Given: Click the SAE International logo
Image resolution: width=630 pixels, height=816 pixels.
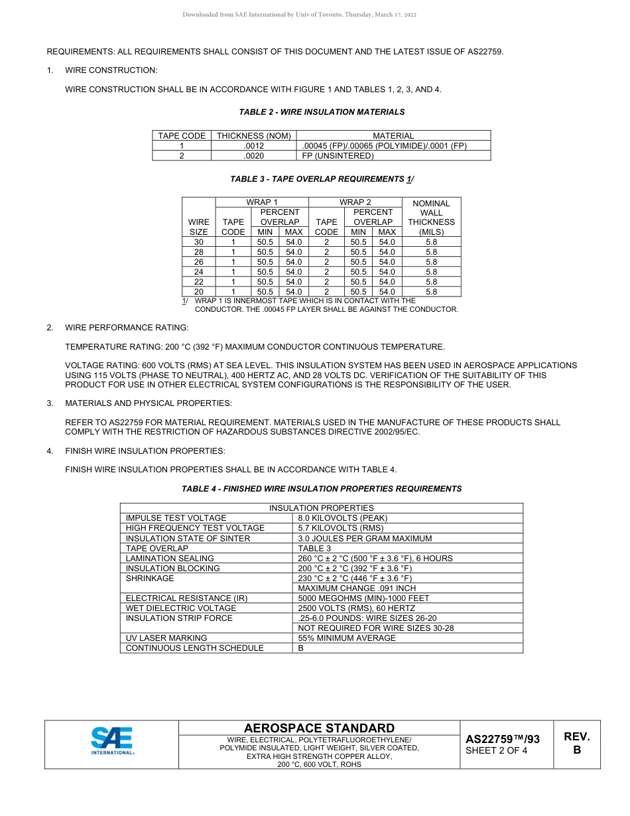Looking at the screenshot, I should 112,741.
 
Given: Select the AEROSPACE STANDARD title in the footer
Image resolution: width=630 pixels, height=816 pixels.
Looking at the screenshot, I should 319,728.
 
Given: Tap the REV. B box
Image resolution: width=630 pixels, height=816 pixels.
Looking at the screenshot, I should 576,743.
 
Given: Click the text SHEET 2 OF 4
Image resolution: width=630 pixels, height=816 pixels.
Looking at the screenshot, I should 497,751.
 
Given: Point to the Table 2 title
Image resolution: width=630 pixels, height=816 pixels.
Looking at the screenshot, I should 322,112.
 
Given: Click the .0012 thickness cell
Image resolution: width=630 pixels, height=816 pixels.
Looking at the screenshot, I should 253,146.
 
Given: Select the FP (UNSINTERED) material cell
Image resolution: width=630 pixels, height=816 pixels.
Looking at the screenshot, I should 338,156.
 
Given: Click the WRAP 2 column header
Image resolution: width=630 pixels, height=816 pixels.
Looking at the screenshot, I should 355,202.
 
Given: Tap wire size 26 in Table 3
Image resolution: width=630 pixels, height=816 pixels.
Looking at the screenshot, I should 199,262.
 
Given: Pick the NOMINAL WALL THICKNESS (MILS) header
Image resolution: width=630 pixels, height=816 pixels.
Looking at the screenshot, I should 431,218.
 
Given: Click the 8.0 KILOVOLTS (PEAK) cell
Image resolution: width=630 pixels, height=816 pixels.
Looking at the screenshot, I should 342,518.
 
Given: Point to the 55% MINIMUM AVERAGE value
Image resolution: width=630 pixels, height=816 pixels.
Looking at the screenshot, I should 346,638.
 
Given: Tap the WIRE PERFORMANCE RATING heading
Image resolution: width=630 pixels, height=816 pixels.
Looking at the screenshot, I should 127,328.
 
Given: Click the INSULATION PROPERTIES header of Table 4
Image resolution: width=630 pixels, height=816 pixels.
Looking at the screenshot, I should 321,508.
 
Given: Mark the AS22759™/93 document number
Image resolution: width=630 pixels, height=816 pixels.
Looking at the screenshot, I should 502,739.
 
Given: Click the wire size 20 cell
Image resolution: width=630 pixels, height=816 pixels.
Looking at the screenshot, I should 199,292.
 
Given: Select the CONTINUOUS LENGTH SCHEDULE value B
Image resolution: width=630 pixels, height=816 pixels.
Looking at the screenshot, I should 300,648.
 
